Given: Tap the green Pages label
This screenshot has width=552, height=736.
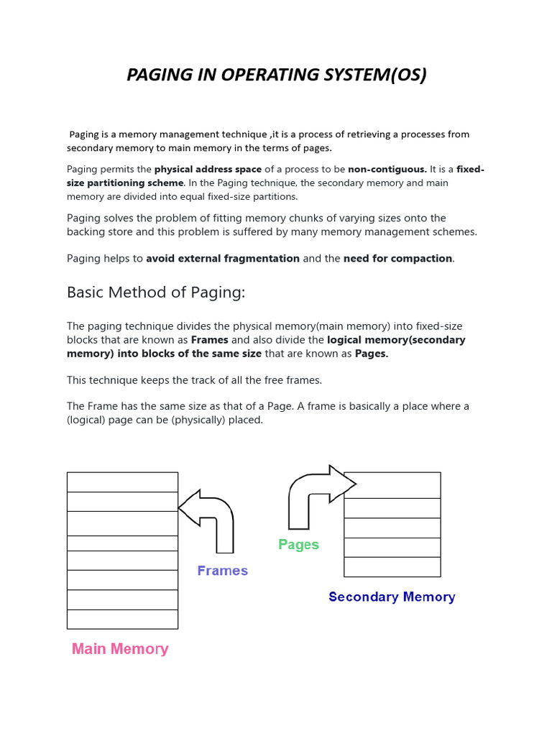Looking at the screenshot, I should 298,545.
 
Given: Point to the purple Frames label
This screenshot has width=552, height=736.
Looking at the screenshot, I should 222,571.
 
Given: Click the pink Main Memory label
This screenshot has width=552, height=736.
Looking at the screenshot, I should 120,649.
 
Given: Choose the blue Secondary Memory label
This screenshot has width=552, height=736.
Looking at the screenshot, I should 392,597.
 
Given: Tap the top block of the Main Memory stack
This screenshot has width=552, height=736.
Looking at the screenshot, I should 122,482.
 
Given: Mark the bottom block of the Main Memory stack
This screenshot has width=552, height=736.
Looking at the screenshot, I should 122,619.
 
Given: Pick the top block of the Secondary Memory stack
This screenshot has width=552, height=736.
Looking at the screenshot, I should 392,485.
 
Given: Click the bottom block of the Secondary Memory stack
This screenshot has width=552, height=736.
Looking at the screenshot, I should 392,566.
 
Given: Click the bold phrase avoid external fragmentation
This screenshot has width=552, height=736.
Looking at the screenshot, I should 223,258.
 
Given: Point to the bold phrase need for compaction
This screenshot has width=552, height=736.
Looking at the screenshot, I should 398,258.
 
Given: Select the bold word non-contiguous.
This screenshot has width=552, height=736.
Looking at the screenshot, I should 387,170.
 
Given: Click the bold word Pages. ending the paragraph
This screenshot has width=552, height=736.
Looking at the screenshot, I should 372,354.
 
